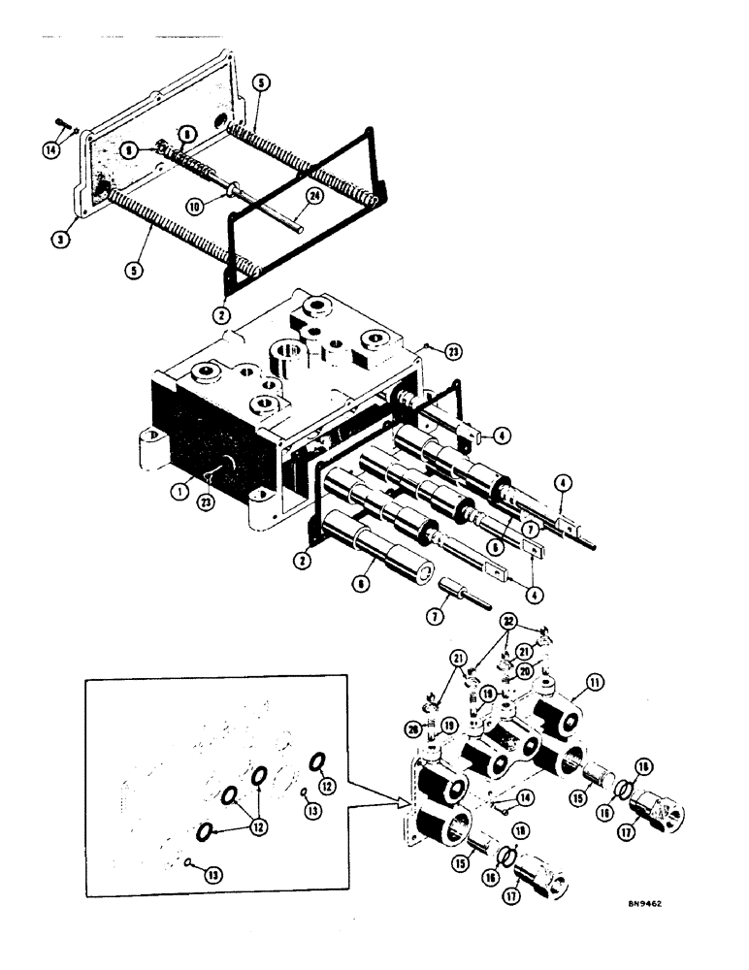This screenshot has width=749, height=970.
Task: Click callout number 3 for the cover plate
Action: [59, 237]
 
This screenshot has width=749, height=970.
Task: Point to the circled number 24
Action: [312, 195]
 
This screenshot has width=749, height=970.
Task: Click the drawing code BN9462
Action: [651, 902]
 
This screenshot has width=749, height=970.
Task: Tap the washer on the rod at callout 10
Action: [235, 188]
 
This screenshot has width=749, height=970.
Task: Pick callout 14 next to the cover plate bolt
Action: [50, 149]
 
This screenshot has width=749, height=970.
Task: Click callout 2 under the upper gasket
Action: [221, 315]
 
